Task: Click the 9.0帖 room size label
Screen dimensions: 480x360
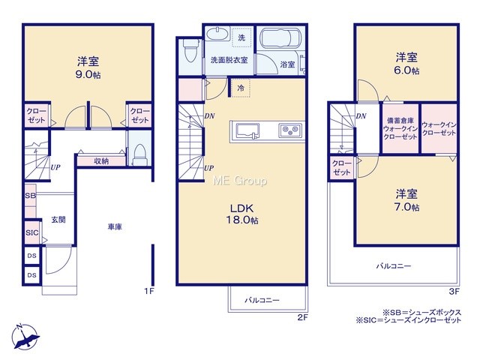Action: [x=88, y=75]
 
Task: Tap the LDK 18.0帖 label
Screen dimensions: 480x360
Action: [x=241, y=214]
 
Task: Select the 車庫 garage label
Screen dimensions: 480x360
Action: [x=115, y=226]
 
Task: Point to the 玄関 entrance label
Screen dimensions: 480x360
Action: [x=58, y=220]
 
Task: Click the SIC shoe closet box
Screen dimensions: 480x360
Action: [x=32, y=232]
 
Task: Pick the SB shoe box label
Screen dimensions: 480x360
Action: [x=30, y=196]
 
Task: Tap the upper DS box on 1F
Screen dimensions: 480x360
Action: [x=32, y=256]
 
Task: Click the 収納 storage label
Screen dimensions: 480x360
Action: [x=101, y=161]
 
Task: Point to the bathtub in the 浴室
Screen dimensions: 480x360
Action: [x=280, y=38]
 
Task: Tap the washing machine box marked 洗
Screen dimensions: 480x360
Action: [x=241, y=37]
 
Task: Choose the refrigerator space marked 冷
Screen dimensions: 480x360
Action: [x=241, y=88]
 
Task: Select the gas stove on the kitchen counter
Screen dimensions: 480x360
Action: [x=290, y=130]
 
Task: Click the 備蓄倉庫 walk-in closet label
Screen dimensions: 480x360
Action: [x=400, y=128]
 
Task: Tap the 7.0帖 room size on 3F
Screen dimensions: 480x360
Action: [x=406, y=207]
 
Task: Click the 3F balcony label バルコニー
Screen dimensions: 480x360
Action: [x=393, y=266]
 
